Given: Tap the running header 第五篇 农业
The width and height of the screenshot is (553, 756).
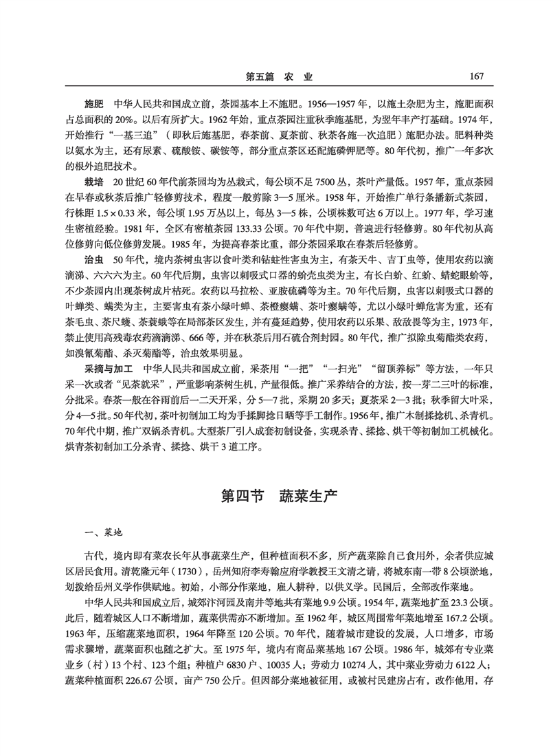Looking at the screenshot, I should coord(279,75).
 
